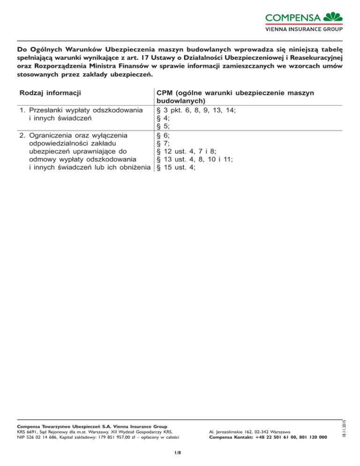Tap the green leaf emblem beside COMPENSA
[334, 16]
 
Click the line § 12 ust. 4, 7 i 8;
[186, 151]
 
